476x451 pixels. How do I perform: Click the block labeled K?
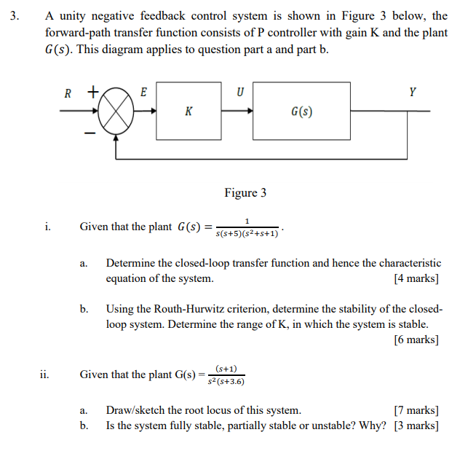click(189, 111)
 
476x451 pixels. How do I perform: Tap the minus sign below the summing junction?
click(88, 134)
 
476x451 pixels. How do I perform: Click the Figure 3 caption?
click(245, 192)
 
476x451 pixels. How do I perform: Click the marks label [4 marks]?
click(416, 279)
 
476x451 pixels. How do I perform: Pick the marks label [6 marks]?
click(416, 340)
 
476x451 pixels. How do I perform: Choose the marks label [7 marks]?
click(416, 410)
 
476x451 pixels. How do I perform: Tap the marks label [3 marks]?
click(416, 425)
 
